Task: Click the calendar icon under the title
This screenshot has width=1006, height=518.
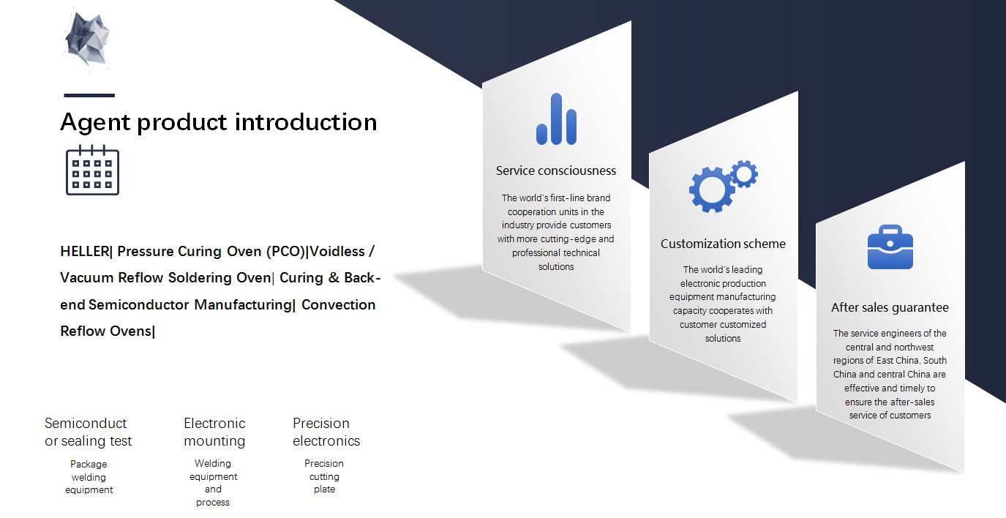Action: (92, 170)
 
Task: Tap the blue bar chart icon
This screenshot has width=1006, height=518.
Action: (557, 119)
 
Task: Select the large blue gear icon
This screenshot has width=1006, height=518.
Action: (711, 189)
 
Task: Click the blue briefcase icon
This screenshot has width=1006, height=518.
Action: (890, 247)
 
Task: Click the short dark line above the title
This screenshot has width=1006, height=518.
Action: (89, 95)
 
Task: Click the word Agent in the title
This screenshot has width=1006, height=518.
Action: (95, 123)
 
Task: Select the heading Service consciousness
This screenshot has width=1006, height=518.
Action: (556, 170)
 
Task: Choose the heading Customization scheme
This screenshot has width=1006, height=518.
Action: (723, 244)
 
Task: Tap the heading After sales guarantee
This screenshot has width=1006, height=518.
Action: (890, 308)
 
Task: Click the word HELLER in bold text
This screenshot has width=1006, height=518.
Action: (85, 251)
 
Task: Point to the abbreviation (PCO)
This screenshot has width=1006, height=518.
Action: (285, 251)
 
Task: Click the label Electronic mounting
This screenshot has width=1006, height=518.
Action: (214, 432)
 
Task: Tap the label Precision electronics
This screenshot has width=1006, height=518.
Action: (326, 432)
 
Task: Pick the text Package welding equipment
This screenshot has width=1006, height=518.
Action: (89, 477)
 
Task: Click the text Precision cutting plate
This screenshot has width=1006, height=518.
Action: (324, 476)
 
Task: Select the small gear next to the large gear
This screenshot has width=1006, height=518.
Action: (744, 173)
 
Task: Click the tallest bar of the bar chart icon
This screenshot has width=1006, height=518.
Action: (557, 119)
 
